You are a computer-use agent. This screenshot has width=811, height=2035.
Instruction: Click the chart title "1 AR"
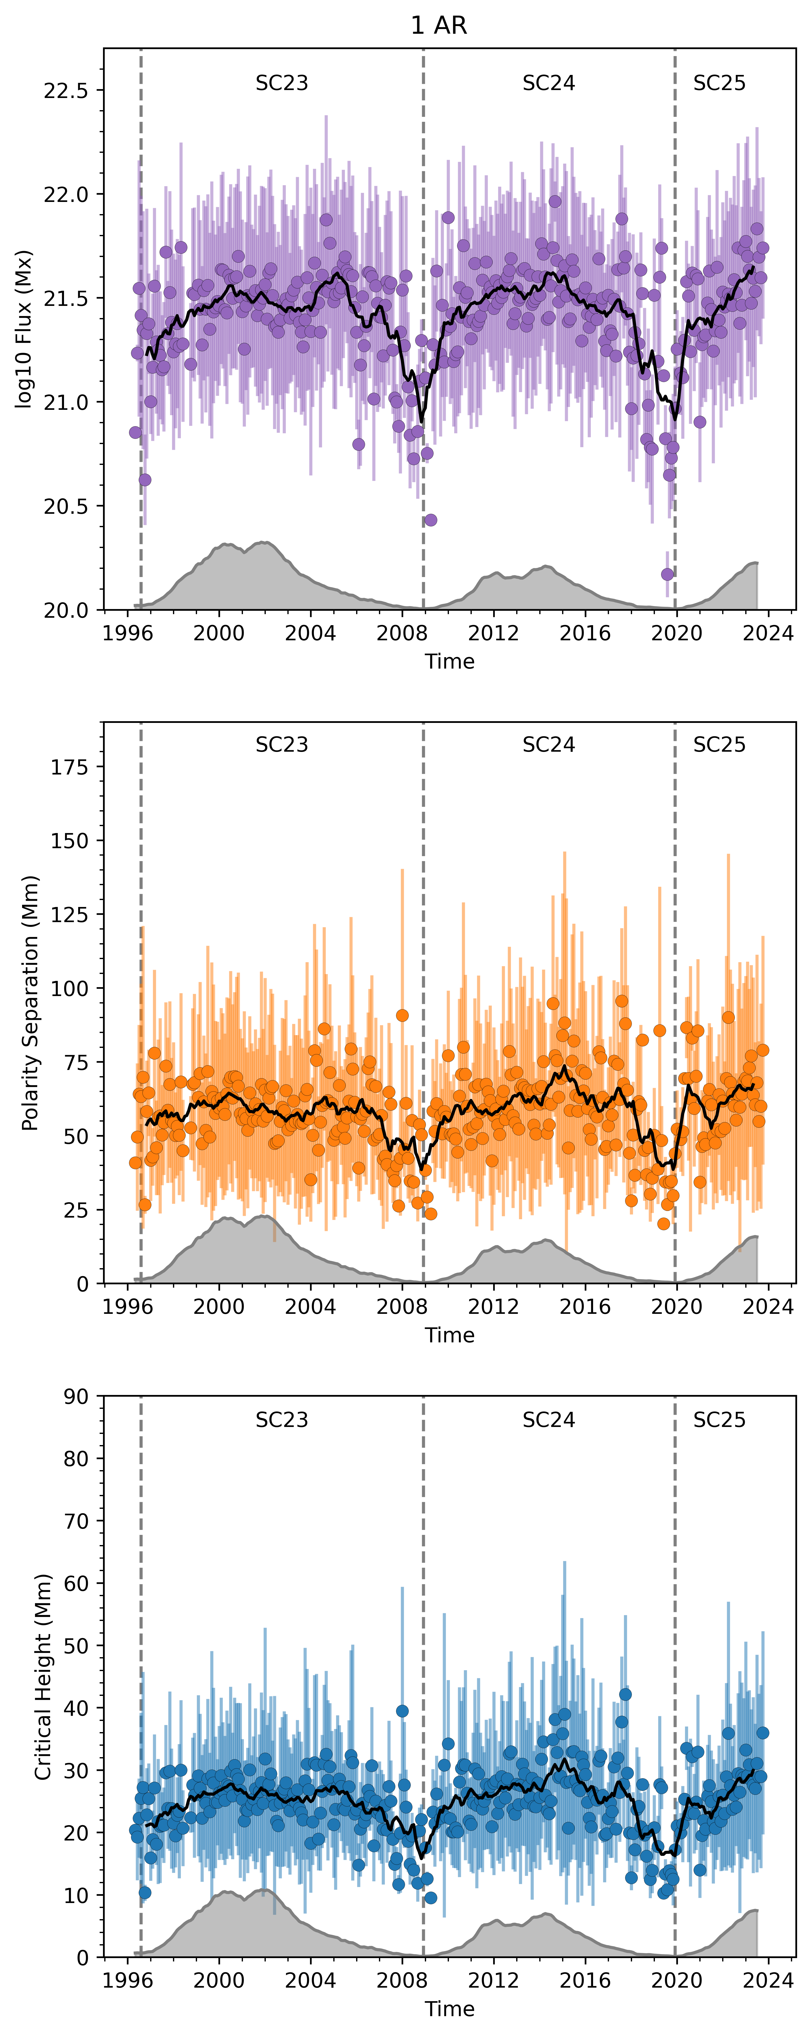439,26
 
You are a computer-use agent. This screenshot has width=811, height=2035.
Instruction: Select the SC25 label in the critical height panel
718,1420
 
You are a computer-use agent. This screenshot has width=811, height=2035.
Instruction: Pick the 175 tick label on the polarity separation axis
69,767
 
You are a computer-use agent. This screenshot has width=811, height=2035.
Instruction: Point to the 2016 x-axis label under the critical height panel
585,1980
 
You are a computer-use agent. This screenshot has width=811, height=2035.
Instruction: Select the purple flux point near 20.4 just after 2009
431,520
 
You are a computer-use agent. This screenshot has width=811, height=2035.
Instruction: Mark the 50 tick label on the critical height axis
77,1646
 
